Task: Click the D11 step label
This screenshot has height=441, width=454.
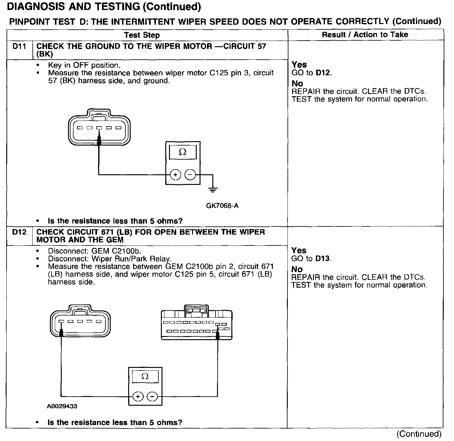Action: [x=19, y=47]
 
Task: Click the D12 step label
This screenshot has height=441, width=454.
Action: [x=19, y=232]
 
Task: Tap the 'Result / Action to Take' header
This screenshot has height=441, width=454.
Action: [x=365, y=34]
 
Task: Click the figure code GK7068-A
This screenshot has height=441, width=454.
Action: [x=222, y=206]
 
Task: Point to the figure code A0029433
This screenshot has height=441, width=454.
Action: [x=62, y=406]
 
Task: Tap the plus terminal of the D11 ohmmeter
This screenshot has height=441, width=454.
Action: [x=176, y=175]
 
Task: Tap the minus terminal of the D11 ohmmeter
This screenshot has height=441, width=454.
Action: [x=190, y=175]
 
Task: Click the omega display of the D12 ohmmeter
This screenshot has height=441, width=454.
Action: [x=145, y=376]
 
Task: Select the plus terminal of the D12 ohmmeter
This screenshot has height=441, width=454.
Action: [x=138, y=397]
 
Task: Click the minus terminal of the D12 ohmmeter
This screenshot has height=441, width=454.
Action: [x=152, y=397]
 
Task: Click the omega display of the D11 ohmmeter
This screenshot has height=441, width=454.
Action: [x=183, y=152]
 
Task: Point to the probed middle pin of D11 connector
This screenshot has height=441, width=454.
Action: [x=99, y=128]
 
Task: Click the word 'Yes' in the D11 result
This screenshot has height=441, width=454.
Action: [x=299, y=65]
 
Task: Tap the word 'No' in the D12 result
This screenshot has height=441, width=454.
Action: [x=297, y=269]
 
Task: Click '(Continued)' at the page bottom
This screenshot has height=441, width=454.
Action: [x=419, y=434]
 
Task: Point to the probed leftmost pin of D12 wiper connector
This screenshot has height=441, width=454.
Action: [x=61, y=321]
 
